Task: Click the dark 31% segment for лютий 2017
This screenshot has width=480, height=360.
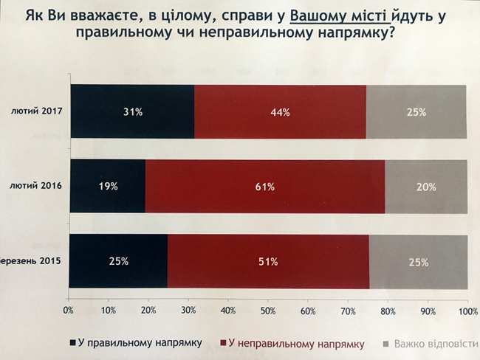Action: (x=132, y=112)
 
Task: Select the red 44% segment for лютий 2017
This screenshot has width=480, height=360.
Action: (x=280, y=112)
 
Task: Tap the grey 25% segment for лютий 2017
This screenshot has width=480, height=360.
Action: (x=416, y=112)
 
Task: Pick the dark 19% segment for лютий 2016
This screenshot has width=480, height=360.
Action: (x=108, y=187)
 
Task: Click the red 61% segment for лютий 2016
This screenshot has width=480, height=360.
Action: (x=264, y=187)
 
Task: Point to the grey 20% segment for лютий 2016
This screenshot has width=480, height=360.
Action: (x=425, y=187)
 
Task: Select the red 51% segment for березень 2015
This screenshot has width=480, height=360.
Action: (x=268, y=260)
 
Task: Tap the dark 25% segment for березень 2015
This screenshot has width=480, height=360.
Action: (x=118, y=260)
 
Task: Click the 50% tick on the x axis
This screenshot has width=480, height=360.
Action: (x=267, y=309)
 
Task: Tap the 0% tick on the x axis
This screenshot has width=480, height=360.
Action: (x=69, y=309)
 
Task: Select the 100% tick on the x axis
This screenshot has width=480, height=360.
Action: (x=467, y=309)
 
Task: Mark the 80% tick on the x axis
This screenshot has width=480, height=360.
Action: (x=387, y=309)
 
